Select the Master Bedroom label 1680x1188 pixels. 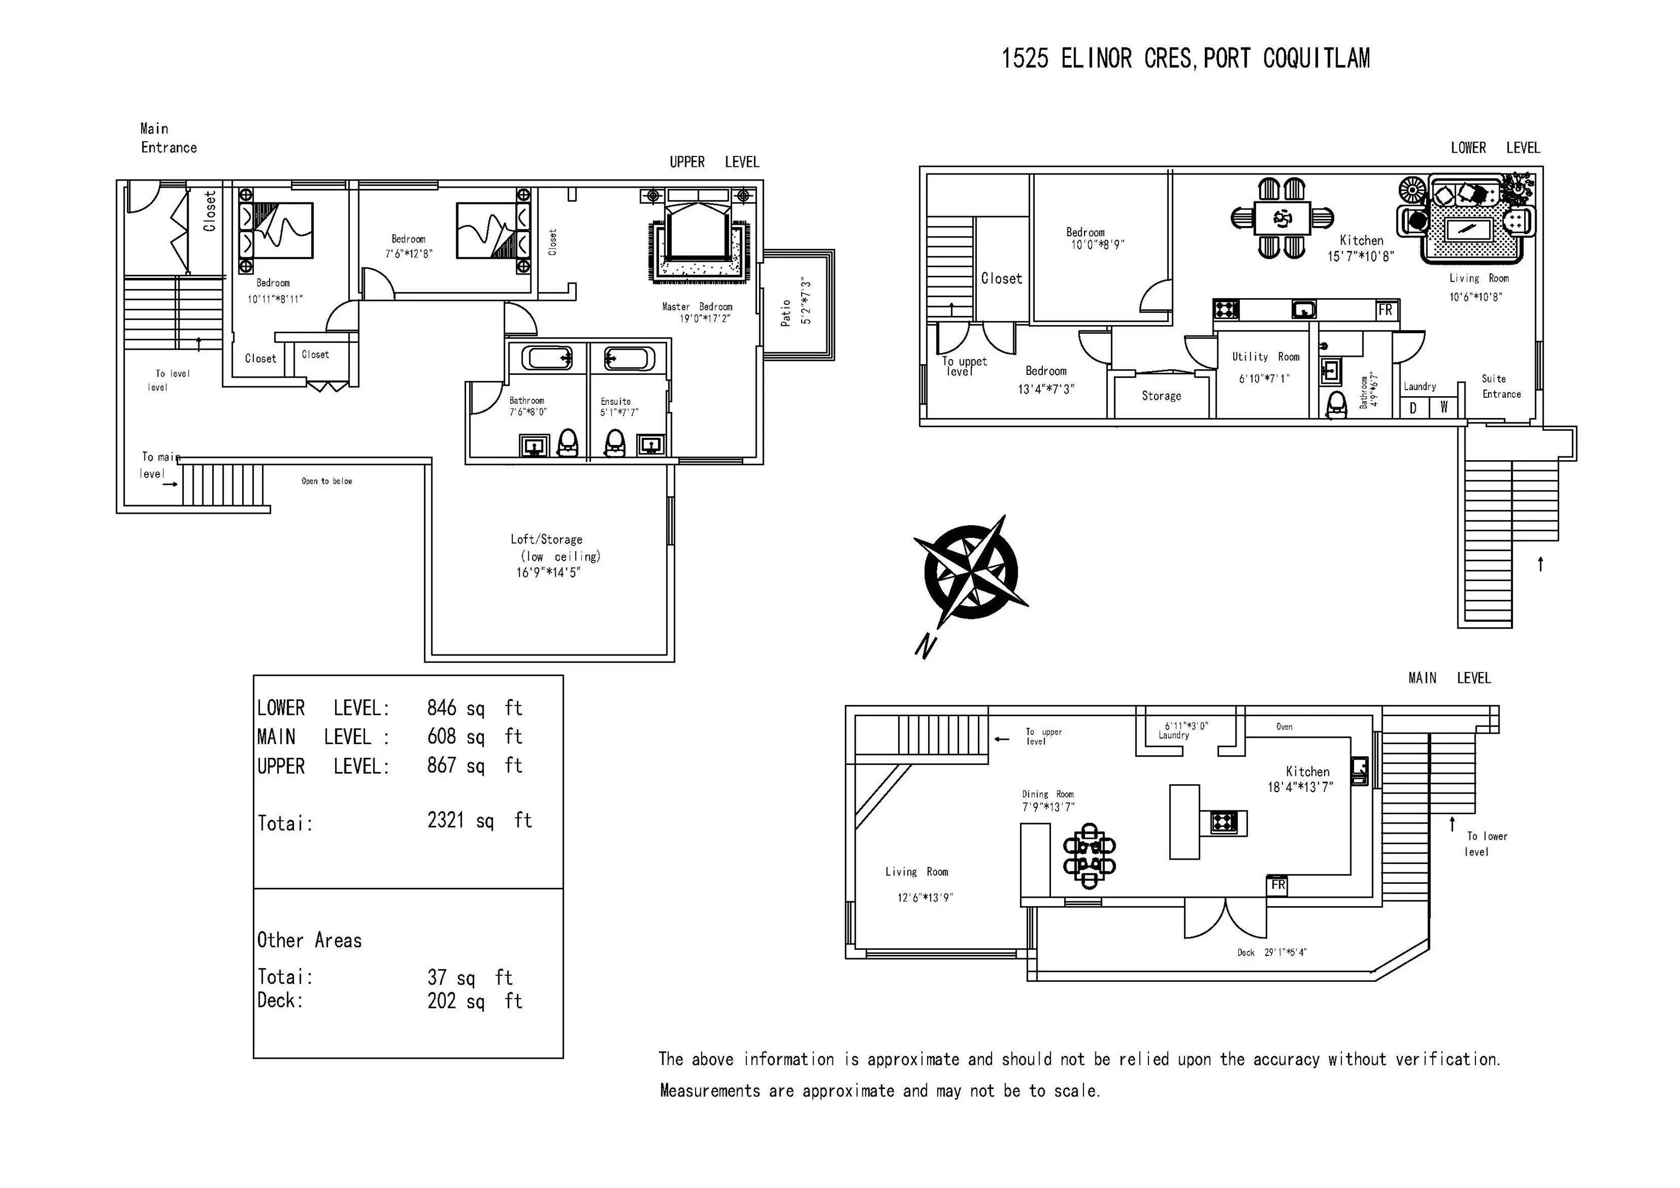697,306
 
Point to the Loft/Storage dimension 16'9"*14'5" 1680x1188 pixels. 548,572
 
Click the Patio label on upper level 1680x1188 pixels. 786,312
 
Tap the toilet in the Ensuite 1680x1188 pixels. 615,443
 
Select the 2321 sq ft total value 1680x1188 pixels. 479,821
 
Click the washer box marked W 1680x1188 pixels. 1444,408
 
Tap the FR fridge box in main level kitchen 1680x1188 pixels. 1277,885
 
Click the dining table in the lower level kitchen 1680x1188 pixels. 1282,218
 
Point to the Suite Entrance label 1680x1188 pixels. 1501,386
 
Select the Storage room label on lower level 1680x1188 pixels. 1161,396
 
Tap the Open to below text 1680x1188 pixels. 326,481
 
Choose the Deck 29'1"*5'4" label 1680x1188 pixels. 1271,952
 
